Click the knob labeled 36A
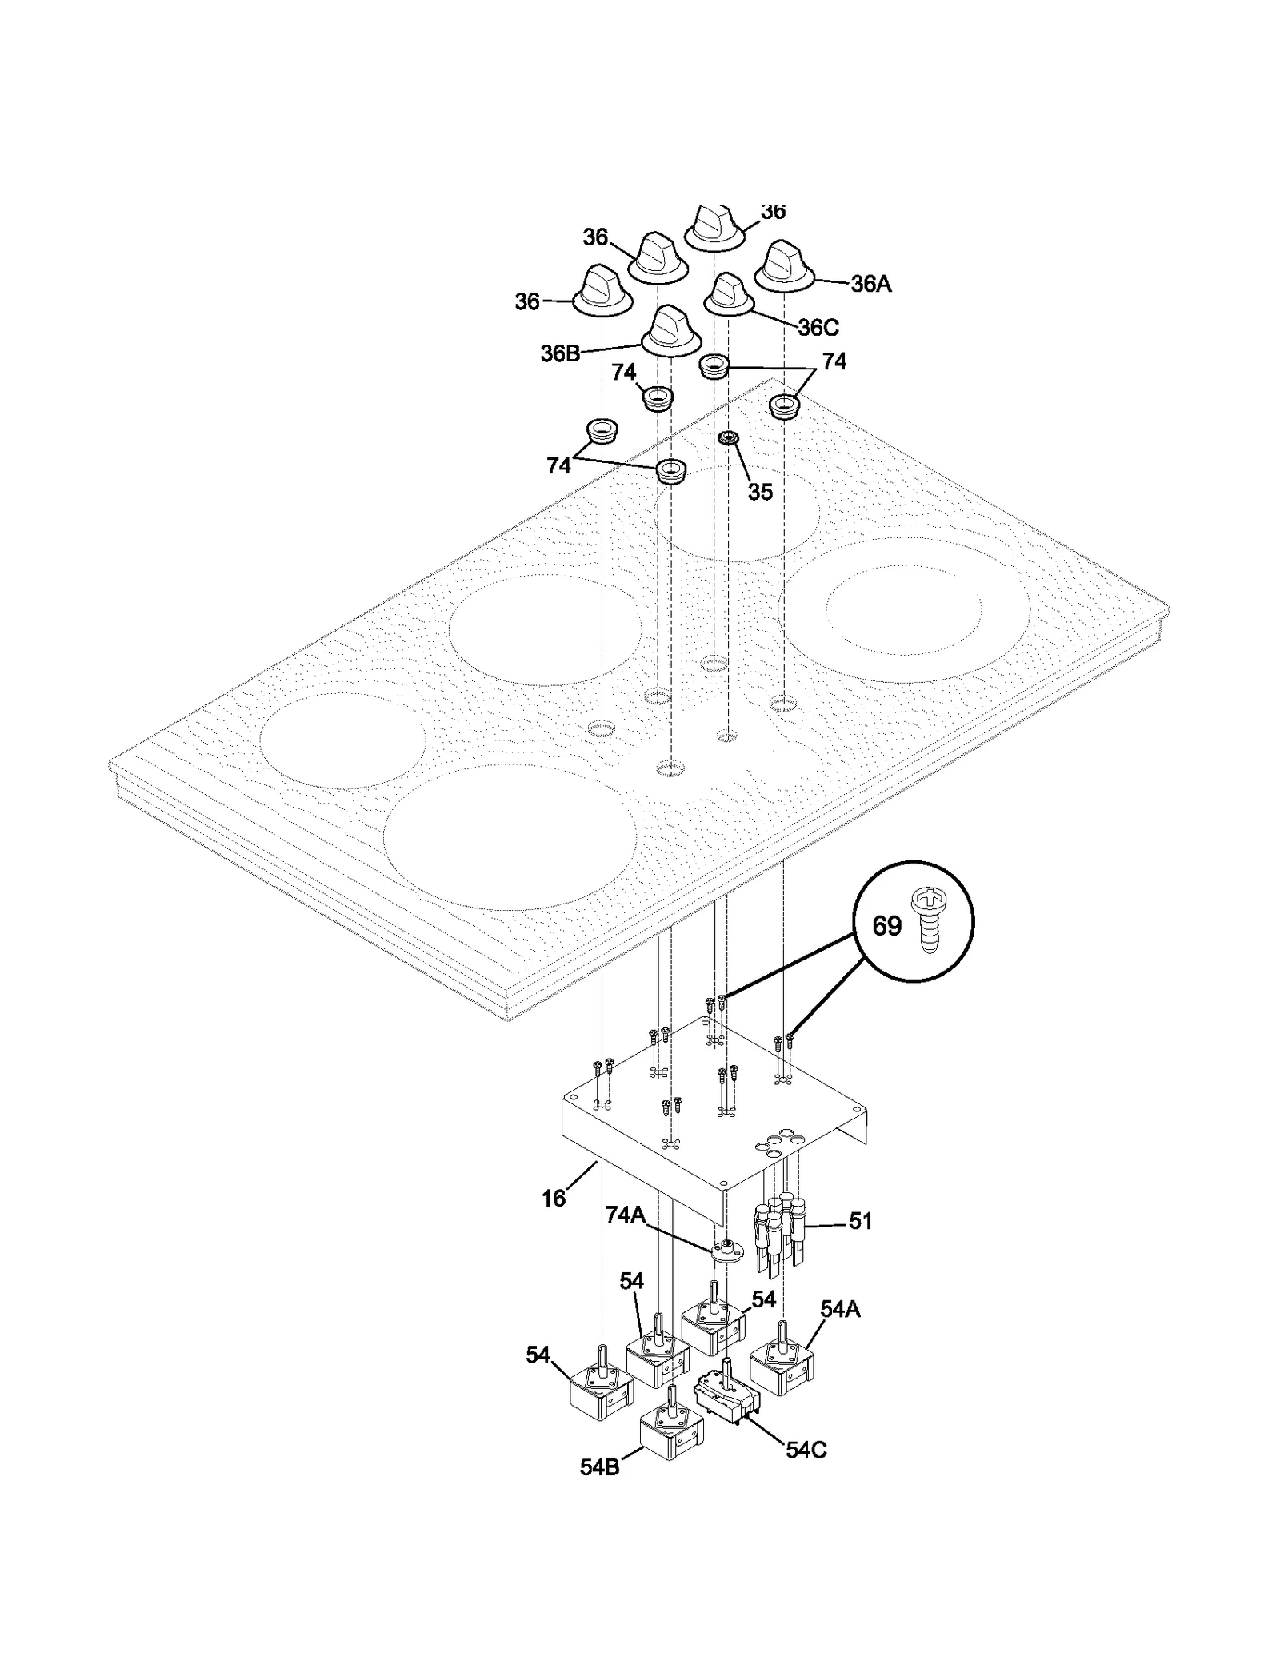784,265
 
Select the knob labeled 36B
670,330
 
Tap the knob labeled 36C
729,293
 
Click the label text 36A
870,284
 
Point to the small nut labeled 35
728,437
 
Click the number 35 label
760,492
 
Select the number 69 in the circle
886,926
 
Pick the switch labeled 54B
670,1435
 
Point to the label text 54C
805,1450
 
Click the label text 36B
559,353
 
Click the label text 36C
818,327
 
